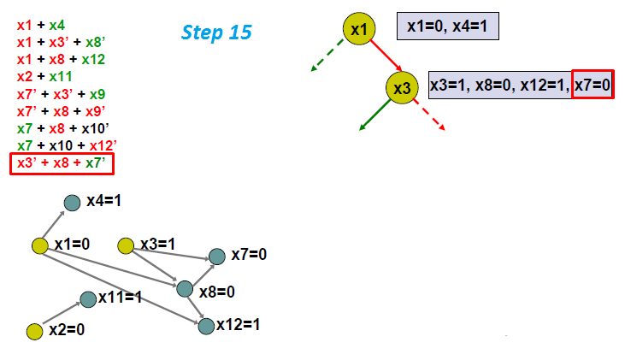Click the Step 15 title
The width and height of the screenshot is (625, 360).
[x=216, y=32]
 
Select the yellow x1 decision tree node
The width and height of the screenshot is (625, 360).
[x=360, y=29]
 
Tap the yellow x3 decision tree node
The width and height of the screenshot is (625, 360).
[x=402, y=86]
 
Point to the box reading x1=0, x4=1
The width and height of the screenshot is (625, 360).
[x=447, y=27]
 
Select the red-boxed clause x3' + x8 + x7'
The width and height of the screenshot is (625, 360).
[x=62, y=162]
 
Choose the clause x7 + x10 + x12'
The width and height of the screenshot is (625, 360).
[x=64, y=145]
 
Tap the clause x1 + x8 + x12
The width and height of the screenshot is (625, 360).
[x=57, y=60]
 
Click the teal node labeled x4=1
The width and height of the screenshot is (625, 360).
[x=74, y=202]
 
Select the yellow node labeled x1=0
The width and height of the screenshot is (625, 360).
[x=39, y=246]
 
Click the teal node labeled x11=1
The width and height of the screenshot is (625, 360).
[x=87, y=298]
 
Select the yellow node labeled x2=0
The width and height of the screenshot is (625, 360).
[x=35, y=330]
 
